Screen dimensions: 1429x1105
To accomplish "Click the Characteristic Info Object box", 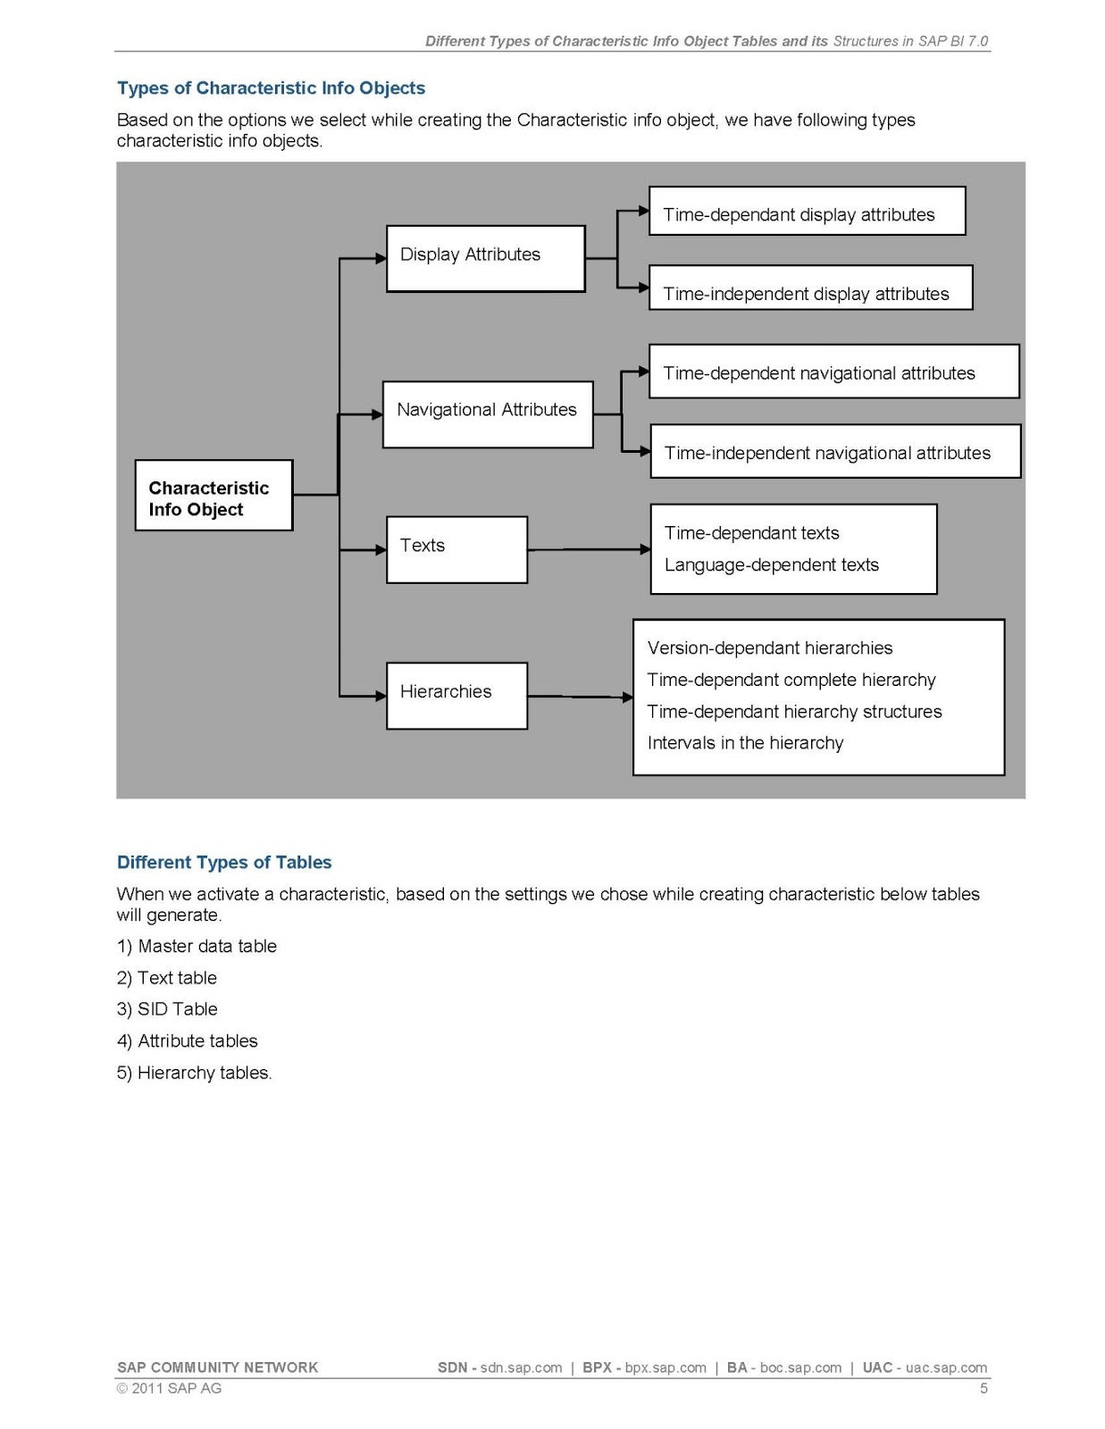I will click(213, 496).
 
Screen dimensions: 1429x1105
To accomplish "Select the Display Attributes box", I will click(485, 258).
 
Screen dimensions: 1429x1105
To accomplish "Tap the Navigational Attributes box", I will click(487, 414).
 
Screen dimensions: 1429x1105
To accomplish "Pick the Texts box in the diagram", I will click(456, 549).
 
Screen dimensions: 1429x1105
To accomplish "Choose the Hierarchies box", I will click(456, 695).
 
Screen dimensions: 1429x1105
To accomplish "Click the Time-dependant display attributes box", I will click(806, 212).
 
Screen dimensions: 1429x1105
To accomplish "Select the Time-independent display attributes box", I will click(809, 288).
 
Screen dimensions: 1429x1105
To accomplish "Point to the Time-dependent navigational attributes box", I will click(833, 372).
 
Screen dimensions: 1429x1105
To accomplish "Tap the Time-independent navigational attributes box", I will click(834, 452).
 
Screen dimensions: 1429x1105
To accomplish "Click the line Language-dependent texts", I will click(771, 565).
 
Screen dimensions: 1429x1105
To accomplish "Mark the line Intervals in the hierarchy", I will click(745, 743).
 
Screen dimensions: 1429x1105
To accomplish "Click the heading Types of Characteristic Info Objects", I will click(271, 88).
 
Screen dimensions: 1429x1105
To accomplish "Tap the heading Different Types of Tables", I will click(224, 862).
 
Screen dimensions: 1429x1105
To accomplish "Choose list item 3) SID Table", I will click(167, 1009).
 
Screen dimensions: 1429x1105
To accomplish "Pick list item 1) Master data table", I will click(197, 946).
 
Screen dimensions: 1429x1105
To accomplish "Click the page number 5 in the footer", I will click(984, 1388).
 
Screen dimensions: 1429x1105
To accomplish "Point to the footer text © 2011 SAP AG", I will click(169, 1388).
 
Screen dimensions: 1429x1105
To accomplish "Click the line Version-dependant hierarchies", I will click(769, 648).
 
